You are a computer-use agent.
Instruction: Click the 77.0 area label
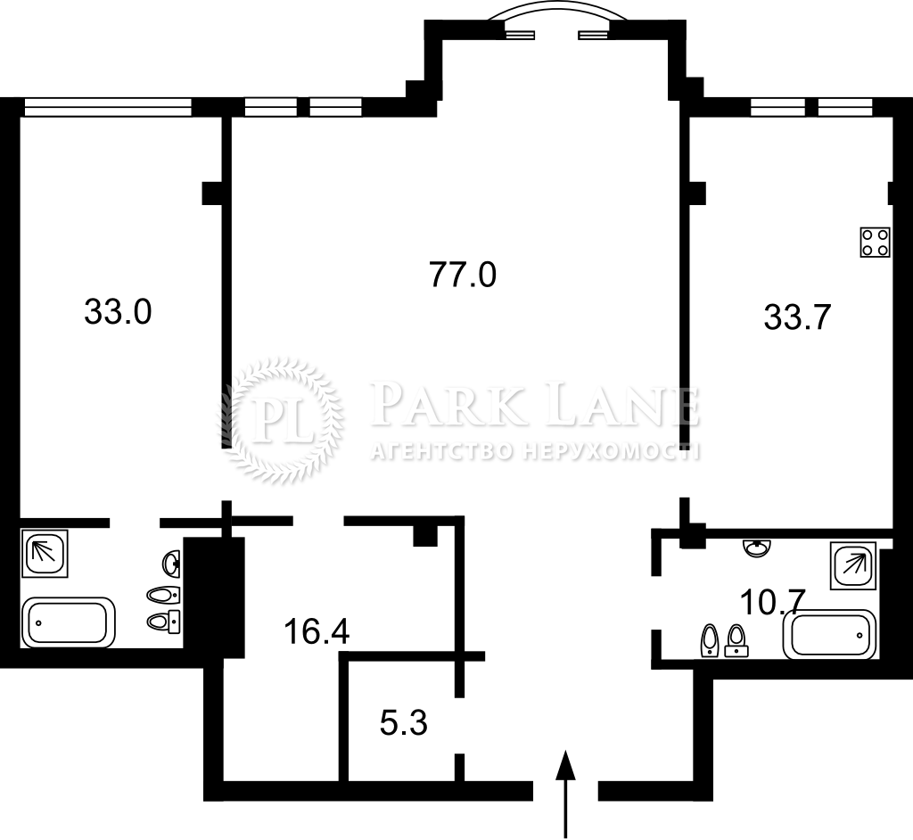[463, 275]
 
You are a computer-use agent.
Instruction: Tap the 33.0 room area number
[119, 311]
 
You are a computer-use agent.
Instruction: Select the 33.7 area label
[796, 318]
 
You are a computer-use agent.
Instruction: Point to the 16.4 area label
[317, 631]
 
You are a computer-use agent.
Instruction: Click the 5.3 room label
[404, 723]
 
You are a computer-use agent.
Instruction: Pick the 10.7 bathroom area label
[772, 602]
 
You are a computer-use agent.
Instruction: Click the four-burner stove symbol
[876, 242]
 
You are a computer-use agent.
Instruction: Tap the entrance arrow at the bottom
[564, 794]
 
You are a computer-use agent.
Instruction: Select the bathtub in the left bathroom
[68, 622]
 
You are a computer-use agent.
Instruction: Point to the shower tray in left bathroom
[45, 553]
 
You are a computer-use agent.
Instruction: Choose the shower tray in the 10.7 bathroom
[853, 565]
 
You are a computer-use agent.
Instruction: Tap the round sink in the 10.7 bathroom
[757, 548]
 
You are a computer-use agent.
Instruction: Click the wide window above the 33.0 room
[108, 107]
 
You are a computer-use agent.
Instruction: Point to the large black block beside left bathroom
[214, 597]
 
